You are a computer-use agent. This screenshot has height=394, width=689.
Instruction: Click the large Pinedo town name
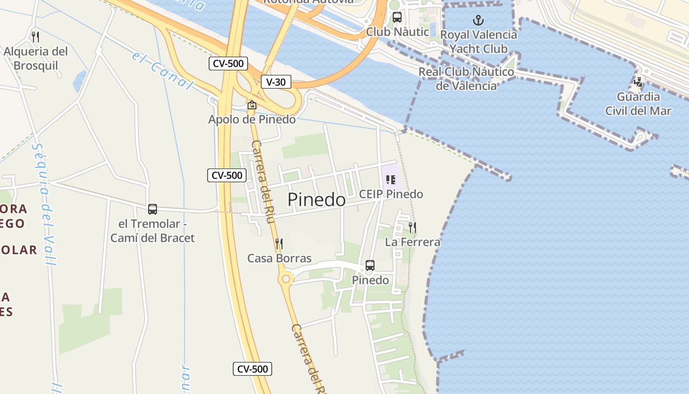[x=316, y=199]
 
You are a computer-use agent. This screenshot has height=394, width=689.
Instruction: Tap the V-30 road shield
[x=276, y=82]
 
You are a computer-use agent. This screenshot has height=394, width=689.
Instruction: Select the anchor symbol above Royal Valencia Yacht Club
[x=478, y=20]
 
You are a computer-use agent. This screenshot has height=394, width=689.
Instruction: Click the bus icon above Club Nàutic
[x=397, y=17]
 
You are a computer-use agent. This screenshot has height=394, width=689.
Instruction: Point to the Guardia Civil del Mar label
[x=638, y=103]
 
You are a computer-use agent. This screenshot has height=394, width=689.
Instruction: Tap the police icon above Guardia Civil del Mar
[x=638, y=82]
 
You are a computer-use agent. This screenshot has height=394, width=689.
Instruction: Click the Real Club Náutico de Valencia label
[x=466, y=79]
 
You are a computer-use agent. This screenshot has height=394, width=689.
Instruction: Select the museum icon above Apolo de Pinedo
[x=252, y=105]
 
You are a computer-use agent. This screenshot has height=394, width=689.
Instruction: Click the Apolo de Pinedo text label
[x=252, y=119]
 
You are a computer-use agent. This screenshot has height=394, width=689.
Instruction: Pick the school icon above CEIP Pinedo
[x=391, y=180]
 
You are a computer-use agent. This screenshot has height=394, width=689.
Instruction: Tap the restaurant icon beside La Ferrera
[x=412, y=227]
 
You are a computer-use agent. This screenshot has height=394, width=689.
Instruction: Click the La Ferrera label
[x=412, y=242]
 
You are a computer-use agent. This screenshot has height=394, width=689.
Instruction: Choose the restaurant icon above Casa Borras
[x=279, y=243]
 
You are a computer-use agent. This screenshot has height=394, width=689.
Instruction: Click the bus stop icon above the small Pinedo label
[x=370, y=265]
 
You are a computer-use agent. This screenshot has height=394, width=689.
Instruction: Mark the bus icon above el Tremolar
[x=153, y=209]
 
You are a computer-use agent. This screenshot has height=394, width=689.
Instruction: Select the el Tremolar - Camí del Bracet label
[x=153, y=230]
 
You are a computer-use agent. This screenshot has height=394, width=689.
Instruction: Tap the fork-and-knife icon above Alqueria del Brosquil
[x=35, y=36]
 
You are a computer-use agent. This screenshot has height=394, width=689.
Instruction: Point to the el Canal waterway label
[x=162, y=75]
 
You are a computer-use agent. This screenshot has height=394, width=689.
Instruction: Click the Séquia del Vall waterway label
[x=45, y=204]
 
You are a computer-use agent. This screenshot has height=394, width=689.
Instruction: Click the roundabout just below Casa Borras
[x=285, y=280]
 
